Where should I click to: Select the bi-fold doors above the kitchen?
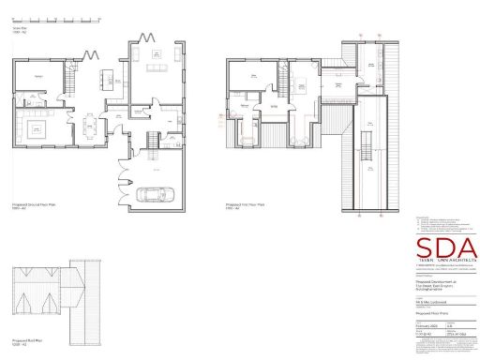pos(91,54)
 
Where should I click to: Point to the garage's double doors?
pos(122,175)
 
